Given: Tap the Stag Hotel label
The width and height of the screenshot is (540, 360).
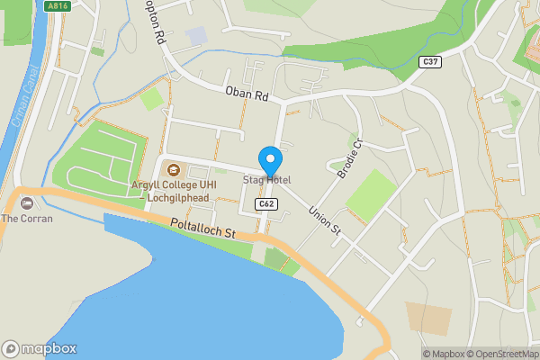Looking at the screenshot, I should pos(266,180).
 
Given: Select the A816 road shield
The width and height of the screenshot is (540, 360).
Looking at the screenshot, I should pos(58,5).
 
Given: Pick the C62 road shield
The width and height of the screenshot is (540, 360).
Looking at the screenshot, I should pos(265,204).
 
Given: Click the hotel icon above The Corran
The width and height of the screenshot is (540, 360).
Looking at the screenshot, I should pos(27,203).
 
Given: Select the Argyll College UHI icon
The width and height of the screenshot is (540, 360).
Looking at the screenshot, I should pos(168,172).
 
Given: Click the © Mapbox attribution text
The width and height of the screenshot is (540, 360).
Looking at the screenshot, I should pos(444,354).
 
